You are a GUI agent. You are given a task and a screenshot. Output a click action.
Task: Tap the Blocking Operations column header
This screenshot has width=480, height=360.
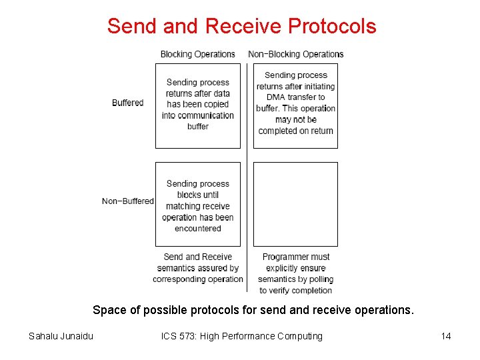point(197,54)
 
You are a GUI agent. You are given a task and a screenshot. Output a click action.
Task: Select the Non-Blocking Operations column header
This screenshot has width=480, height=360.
point(296,54)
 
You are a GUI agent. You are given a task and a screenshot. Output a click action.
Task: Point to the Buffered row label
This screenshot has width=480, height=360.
point(128,103)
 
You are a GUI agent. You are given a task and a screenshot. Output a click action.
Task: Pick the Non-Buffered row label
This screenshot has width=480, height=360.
point(128,201)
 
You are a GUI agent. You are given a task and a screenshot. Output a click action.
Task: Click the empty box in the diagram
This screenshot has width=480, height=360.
point(295,203)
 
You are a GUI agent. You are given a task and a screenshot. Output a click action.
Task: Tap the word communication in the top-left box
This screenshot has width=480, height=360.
point(198,115)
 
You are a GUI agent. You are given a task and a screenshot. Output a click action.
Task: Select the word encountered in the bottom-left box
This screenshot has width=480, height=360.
point(198,229)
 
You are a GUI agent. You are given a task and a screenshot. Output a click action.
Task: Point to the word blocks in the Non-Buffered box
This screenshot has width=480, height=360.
point(189,195)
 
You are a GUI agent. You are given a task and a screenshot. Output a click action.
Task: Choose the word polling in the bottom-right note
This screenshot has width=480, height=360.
point(317,279)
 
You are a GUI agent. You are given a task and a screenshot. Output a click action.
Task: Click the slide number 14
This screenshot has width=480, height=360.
point(446,336)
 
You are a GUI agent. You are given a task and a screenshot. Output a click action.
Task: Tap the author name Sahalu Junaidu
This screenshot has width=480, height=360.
point(61,336)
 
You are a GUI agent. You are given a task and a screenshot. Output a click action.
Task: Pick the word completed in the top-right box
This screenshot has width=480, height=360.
point(279,131)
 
